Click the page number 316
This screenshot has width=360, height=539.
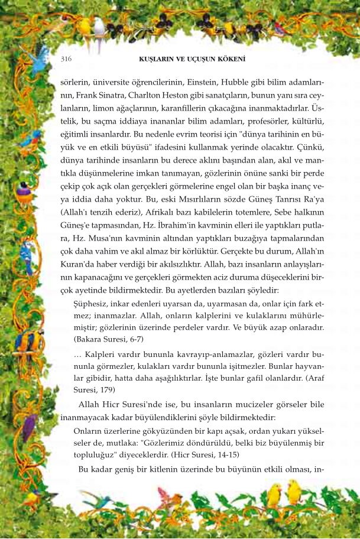coord(66,59)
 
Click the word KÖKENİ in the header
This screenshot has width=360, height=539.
coord(233,59)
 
